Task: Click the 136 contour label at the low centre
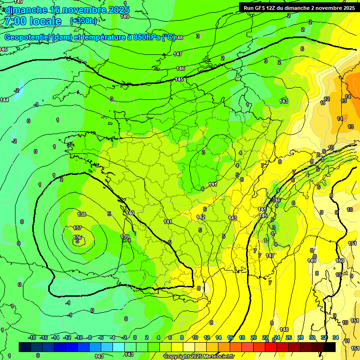78,237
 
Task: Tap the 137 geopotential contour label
78,228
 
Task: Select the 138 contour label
82,214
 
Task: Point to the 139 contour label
125,237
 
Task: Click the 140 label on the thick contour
130,213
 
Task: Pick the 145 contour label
180,79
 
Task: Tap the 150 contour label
340,261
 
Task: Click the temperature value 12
327,99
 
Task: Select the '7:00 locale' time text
32,21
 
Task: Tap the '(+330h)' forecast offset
83,21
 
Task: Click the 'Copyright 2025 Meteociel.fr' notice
198,357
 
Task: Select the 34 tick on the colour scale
336,337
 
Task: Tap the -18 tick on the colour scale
32,337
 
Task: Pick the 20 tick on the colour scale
254,337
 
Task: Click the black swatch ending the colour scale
330,347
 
